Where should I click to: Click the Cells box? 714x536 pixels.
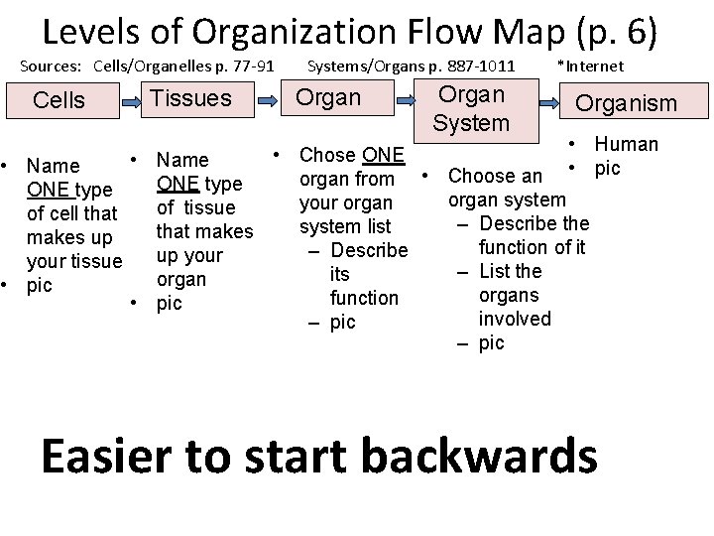[x=59, y=100]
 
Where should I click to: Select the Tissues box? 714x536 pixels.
[x=189, y=98]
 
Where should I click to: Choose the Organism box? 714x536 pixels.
[x=627, y=103]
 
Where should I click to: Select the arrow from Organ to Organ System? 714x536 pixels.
[x=407, y=99]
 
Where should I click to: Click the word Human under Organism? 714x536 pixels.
[x=627, y=144]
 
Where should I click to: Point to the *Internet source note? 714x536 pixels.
[x=590, y=67]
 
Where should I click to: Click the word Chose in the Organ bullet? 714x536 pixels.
[x=329, y=155]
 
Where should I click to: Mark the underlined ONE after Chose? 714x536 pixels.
[x=384, y=155]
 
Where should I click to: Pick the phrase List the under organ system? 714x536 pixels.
[x=510, y=271]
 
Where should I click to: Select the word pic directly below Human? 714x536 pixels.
[x=607, y=168]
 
